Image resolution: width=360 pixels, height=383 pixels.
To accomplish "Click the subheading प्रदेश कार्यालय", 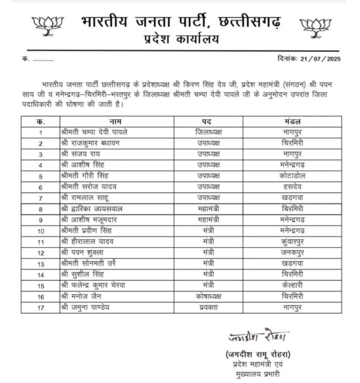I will (181, 39).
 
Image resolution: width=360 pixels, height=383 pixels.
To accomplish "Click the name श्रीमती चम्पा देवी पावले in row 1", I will (95, 132).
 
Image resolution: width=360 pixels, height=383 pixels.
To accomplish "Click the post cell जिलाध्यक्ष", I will (208, 132).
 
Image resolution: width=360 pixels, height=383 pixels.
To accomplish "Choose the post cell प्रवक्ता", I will (208, 307).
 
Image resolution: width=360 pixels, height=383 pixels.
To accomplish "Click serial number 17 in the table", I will (41, 307).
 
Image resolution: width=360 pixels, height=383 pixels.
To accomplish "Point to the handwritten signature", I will (258, 335).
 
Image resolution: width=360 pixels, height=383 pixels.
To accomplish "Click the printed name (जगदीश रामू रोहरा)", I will (258, 355).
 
